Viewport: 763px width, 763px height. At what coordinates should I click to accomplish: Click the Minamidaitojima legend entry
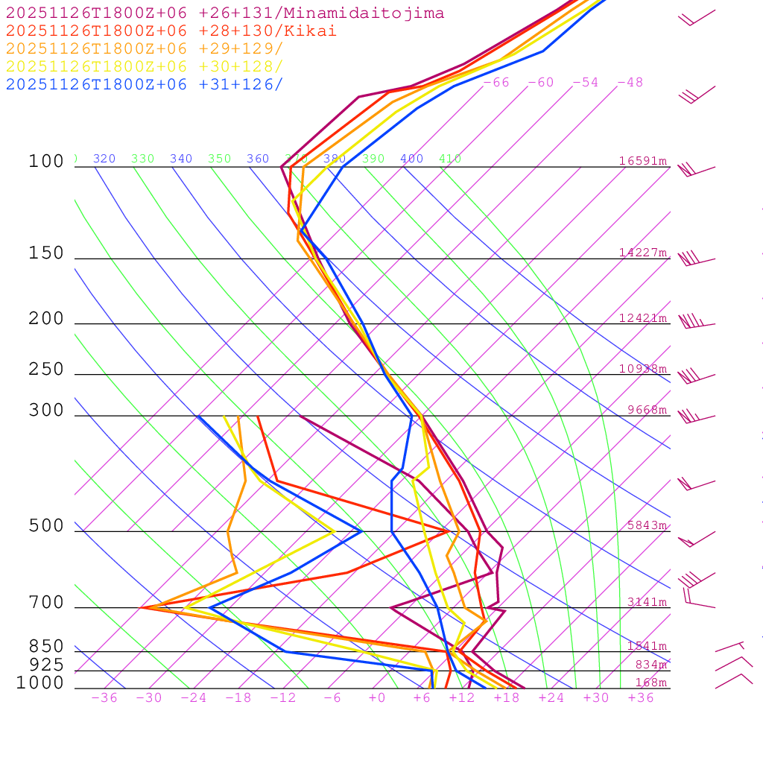coord(225,13)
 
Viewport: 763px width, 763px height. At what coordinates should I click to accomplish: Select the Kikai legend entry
coord(171,31)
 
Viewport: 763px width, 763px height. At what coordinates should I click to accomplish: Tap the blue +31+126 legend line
coord(145,84)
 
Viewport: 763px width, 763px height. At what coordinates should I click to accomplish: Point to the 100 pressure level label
coord(46,162)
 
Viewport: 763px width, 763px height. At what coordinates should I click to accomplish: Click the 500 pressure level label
coord(46,526)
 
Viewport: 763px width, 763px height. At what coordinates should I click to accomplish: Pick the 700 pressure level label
coord(46,603)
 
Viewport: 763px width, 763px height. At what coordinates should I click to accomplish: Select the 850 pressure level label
coord(46,647)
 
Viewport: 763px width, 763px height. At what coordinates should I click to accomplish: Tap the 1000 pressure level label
coord(40,683)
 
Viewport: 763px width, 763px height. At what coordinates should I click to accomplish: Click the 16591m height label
coord(643,161)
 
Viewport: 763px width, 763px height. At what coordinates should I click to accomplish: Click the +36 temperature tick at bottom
coord(641,698)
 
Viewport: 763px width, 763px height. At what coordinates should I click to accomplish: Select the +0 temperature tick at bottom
coord(377,698)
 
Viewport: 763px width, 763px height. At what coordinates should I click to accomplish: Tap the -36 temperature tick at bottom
coord(104,698)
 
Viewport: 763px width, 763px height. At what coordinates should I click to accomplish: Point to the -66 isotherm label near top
coord(496,83)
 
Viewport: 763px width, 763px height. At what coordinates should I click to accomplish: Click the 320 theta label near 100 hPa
coord(104,159)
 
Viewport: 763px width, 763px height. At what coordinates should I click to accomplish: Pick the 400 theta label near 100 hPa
coord(411,159)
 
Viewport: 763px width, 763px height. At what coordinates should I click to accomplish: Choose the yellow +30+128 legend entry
coord(145,66)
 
